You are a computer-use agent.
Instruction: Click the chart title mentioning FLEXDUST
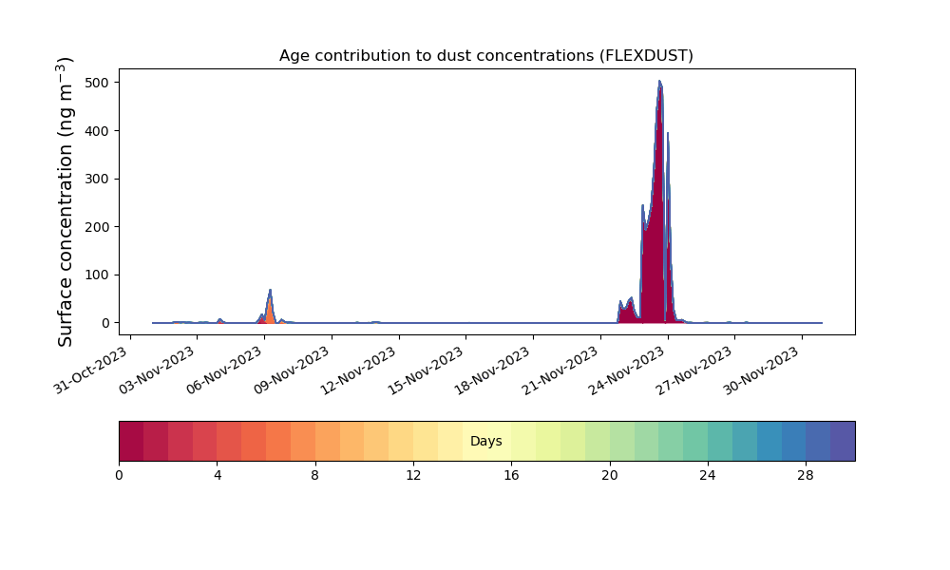pyautogui.click(x=485, y=56)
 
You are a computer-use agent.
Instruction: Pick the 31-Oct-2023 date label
pyautogui.click(x=92, y=370)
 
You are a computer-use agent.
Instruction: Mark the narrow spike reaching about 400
pyautogui.click(x=668, y=135)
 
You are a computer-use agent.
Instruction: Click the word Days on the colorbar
pyautogui.click(x=485, y=441)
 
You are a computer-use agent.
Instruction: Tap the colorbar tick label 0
pyautogui.click(x=119, y=476)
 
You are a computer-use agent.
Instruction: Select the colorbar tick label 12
pyautogui.click(x=413, y=476)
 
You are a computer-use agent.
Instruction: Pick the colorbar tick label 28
pyautogui.click(x=806, y=476)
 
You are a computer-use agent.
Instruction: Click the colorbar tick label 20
pyautogui.click(x=610, y=476)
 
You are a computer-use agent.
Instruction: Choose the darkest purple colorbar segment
pyautogui.click(x=843, y=441)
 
